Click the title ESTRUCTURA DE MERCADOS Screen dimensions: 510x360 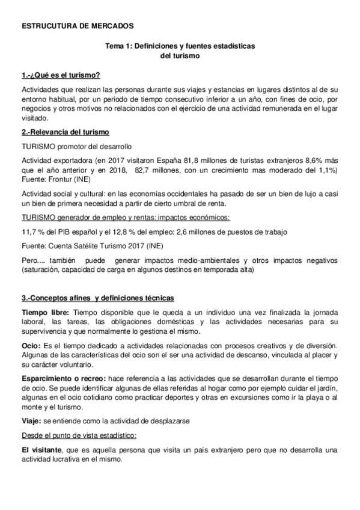coord(74,26)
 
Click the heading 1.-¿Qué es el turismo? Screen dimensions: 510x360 coord(60,75)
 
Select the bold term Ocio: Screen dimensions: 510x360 coord(31,346)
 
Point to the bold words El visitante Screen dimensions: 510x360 coord(43,450)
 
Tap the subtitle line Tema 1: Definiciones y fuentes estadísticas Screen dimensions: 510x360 coord(180,46)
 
